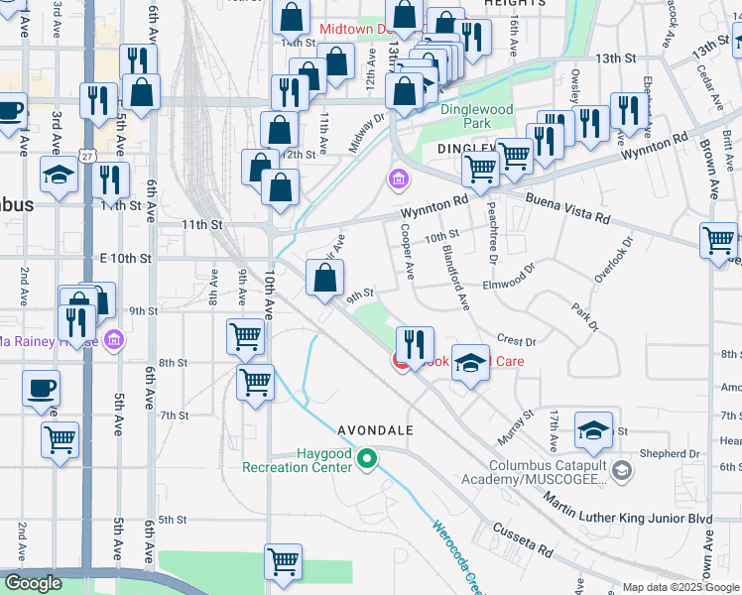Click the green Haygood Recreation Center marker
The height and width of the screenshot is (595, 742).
[x=367, y=459]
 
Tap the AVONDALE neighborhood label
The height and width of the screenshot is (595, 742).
[x=374, y=429]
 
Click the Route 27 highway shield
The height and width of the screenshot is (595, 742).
[x=88, y=157]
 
